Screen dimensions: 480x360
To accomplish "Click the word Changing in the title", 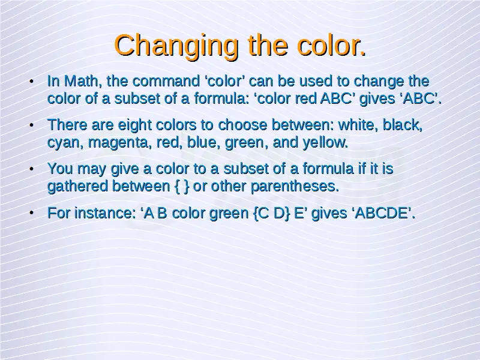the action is [176, 47].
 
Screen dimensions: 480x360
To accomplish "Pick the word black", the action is [403, 125].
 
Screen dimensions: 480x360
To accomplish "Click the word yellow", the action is [325, 142].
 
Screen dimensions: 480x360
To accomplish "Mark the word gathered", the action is [78, 187].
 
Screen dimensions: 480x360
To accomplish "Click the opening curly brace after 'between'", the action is [177, 187].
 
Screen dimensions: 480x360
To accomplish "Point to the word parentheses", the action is [295, 187].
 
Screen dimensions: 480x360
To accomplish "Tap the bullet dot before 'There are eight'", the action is [31, 125].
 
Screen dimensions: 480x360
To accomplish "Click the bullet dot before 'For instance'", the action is [31, 213].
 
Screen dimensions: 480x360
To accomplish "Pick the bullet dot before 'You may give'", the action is [31, 169].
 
